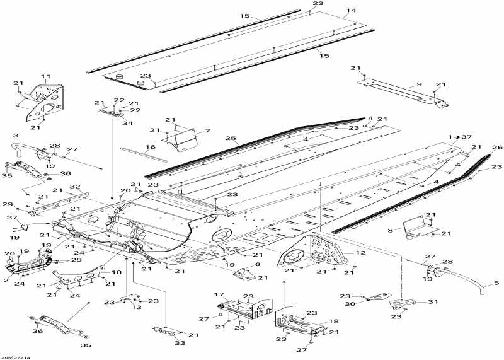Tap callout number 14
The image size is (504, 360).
[351, 11]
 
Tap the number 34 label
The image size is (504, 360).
[128, 123]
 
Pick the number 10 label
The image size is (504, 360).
[117, 272]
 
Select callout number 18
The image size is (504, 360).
[335, 321]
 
